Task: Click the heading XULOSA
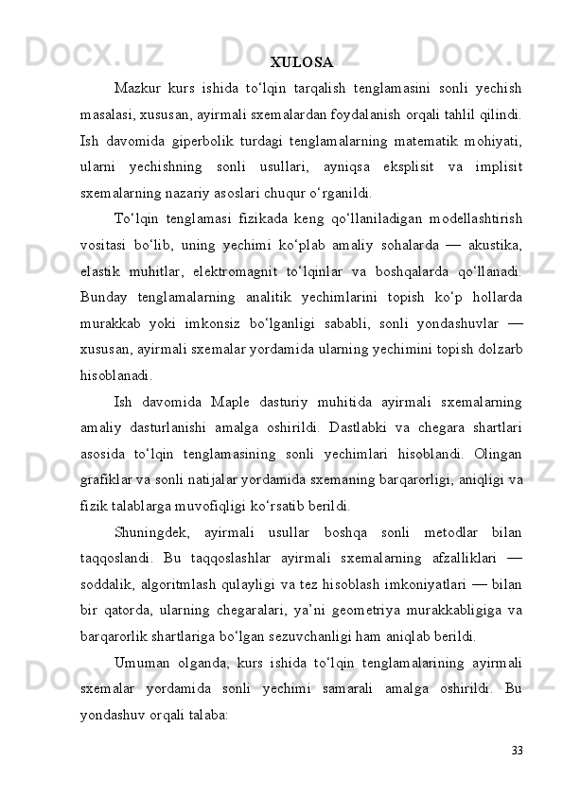click(301, 63)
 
